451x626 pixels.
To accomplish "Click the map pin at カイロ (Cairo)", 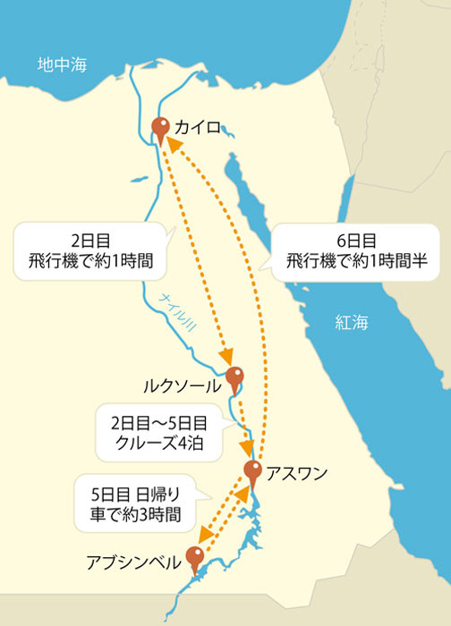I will [161, 127].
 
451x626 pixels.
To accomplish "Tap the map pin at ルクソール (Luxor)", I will [234, 376].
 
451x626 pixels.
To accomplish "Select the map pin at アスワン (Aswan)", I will [252, 471].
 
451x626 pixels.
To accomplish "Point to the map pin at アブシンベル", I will [194, 556].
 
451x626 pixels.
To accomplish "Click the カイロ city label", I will [197, 128].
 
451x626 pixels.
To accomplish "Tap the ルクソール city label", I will [182, 387].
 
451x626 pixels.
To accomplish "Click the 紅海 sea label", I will [352, 322].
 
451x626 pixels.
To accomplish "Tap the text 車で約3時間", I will [141, 515].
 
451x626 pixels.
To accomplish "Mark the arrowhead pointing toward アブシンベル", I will [204, 537].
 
